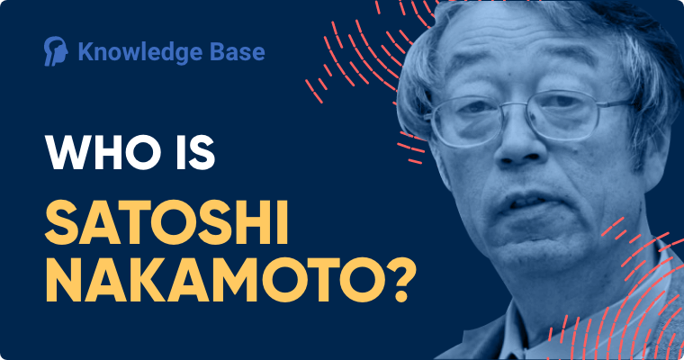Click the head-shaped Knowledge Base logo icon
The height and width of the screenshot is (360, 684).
click(x=56, y=51)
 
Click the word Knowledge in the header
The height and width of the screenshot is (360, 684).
click(x=140, y=52)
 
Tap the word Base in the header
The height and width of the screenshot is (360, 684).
click(x=238, y=51)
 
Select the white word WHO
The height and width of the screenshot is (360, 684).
click(x=103, y=153)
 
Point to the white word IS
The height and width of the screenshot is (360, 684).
click(x=196, y=153)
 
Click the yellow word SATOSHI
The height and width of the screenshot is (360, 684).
click(x=166, y=222)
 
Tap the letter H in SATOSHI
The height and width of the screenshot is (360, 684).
click(x=256, y=222)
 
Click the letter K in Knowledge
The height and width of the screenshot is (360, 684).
click(x=86, y=51)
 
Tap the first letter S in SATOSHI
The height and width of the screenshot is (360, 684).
click(x=62, y=222)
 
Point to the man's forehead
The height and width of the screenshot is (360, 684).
click(x=515, y=52)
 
